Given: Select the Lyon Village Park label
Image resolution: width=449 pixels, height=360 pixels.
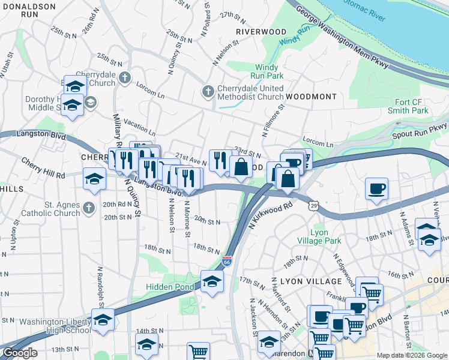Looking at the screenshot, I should click(x=326, y=236).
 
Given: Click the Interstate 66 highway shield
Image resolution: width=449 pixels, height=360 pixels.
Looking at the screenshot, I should click(x=226, y=262).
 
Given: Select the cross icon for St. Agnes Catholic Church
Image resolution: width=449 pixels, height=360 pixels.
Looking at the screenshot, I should click(x=89, y=208).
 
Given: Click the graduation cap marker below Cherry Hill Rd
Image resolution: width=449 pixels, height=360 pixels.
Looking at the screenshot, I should click(x=94, y=179).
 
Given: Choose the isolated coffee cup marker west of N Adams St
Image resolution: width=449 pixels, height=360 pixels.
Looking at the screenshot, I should click(x=376, y=188).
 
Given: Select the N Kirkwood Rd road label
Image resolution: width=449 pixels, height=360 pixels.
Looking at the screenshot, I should click(x=270, y=214).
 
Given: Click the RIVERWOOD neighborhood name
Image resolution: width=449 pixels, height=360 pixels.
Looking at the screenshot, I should click(x=261, y=31).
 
